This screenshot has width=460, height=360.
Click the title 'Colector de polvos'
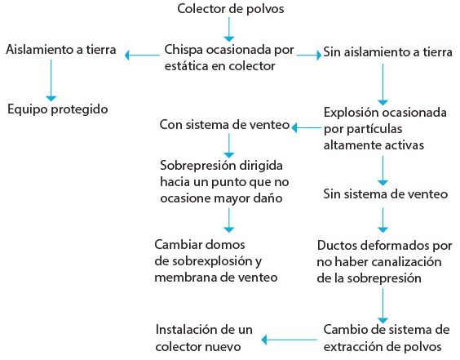click(231, 9)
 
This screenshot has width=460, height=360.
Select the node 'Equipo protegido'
click(58, 109)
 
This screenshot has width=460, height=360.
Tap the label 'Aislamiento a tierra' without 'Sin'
click(61, 49)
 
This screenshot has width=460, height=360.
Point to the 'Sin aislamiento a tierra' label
click(388, 52)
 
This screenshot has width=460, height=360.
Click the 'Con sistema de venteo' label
click(225, 125)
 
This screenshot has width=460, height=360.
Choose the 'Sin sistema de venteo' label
click(386, 193)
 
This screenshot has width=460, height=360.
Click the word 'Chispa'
click(184, 50)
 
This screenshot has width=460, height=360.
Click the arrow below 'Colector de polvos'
click(229, 29)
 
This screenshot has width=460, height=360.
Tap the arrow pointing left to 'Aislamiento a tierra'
click(142, 55)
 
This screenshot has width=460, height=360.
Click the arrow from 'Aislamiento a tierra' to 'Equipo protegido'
click(51, 81)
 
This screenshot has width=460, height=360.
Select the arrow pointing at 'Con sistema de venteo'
click(307, 127)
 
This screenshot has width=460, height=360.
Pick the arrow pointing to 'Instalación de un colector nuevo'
click(289, 340)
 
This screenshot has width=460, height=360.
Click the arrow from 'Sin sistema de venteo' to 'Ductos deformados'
click(383, 220)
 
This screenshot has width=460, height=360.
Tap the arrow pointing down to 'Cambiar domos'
click(229, 220)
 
